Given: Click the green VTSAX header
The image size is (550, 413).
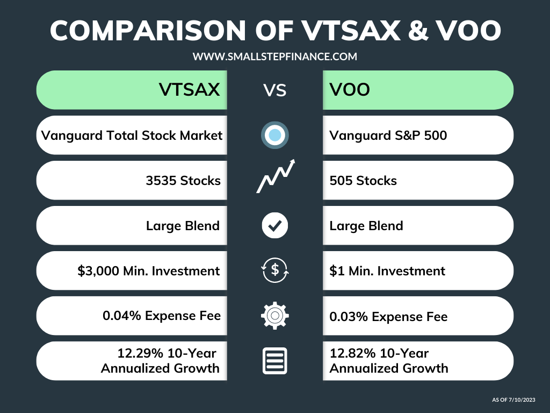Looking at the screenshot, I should click(x=132, y=90).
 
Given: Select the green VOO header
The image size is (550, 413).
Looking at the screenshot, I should click(x=418, y=90).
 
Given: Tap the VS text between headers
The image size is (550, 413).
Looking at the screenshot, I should click(x=274, y=90).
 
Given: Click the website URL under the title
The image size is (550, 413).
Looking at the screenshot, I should click(x=274, y=56).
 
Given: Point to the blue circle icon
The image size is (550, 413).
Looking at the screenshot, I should click(x=274, y=135).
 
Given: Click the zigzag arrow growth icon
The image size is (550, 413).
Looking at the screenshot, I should click(x=275, y=176).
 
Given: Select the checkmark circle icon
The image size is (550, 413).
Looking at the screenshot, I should click(x=274, y=226).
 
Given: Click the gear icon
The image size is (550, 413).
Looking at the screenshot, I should click(x=274, y=316).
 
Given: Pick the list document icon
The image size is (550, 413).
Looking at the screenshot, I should click(x=274, y=361).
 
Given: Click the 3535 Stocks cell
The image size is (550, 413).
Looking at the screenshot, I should click(x=132, y=181).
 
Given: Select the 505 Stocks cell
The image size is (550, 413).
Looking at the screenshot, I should click(x=418, y=181).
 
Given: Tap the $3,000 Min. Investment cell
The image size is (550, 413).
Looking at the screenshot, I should click(x=132, y=270).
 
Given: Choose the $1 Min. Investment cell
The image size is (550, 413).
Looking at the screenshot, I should click(x=418, y=270).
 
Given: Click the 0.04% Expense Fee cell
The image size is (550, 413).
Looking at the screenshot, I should click(x=132, y=316).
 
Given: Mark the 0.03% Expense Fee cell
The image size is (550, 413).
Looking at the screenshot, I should click(x=418, y=316).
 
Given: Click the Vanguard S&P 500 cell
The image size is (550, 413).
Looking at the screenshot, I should click(x=418, y=135).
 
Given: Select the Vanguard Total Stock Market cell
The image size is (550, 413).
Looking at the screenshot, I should click(x=132, y=135).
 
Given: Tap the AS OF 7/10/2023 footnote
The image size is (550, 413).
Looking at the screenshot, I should click(x=514, y=400).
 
